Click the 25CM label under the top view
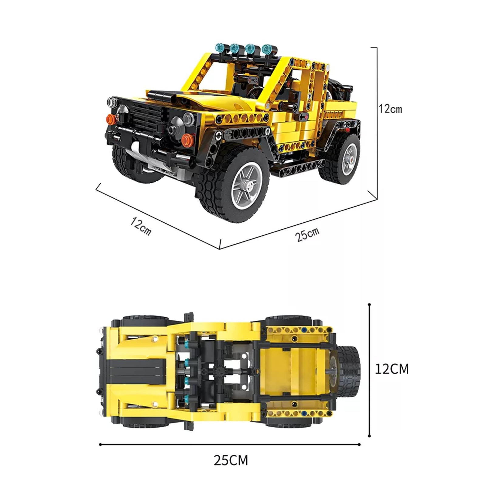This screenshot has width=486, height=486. [231, 460]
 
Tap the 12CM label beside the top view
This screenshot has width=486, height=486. [392, 369]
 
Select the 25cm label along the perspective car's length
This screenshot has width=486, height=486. [307, 234]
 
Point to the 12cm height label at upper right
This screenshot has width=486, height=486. [390, 109]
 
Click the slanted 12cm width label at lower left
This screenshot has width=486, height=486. [141, 226]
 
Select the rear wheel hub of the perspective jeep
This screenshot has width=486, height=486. [349, 158]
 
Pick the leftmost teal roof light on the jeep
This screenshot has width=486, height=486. [220, 47]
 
